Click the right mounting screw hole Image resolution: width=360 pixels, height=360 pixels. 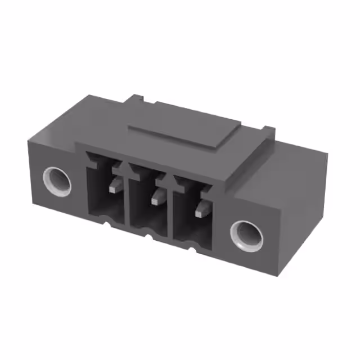[245, 235]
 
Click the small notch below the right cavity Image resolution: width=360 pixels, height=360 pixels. [193, 250]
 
